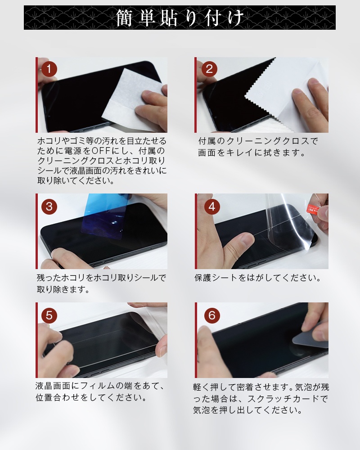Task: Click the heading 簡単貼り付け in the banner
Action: coord(180,18)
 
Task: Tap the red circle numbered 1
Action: coord(49,70)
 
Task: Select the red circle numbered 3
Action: coord(49,206)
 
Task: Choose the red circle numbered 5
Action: coord(49,315)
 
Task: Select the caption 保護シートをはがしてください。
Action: coord(259,278)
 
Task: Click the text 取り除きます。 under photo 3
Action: coord(63,289)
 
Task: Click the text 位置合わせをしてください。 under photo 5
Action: coord(92,398)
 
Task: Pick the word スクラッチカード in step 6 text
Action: coord(286,399)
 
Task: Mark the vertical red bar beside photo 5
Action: coord(36,340)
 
